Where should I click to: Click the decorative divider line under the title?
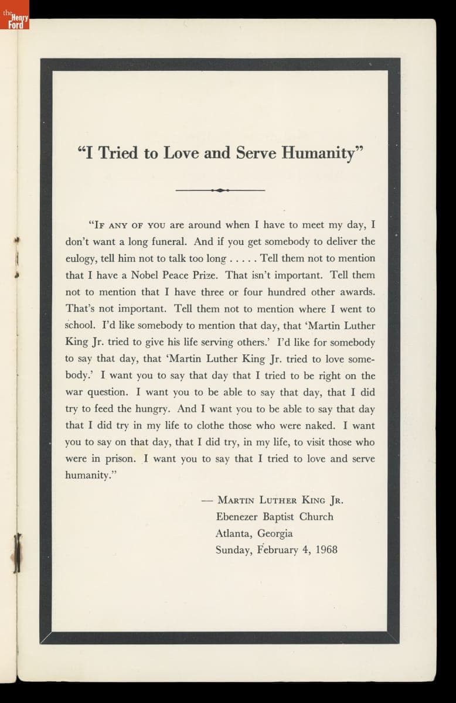click(220, 190)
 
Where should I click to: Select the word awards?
click(354, 292)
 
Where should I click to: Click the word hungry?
click(153, 409)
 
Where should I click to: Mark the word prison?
click(121, 459)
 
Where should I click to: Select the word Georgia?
click(274, 534)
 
